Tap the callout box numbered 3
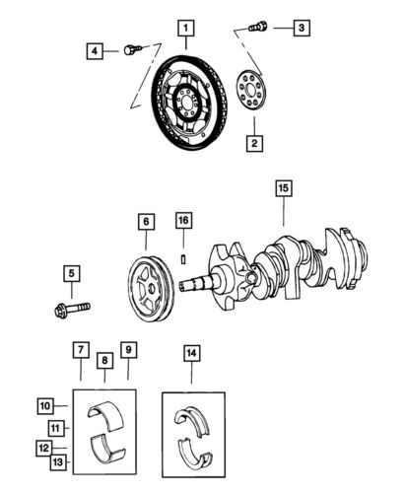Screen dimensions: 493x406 303,28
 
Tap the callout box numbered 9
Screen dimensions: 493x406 129,349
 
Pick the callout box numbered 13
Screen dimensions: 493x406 58,462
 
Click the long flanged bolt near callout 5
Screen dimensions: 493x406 72,311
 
